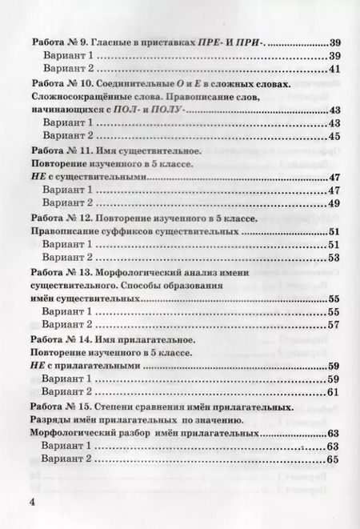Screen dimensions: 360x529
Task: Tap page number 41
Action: point(334,70)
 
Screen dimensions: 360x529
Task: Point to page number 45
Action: point(334,137)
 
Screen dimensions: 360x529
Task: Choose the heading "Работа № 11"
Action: point(61,150)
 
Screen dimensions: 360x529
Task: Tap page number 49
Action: point(334,204)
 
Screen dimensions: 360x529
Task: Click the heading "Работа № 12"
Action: point(61,218)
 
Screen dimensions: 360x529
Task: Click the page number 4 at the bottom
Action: point(32,502)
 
